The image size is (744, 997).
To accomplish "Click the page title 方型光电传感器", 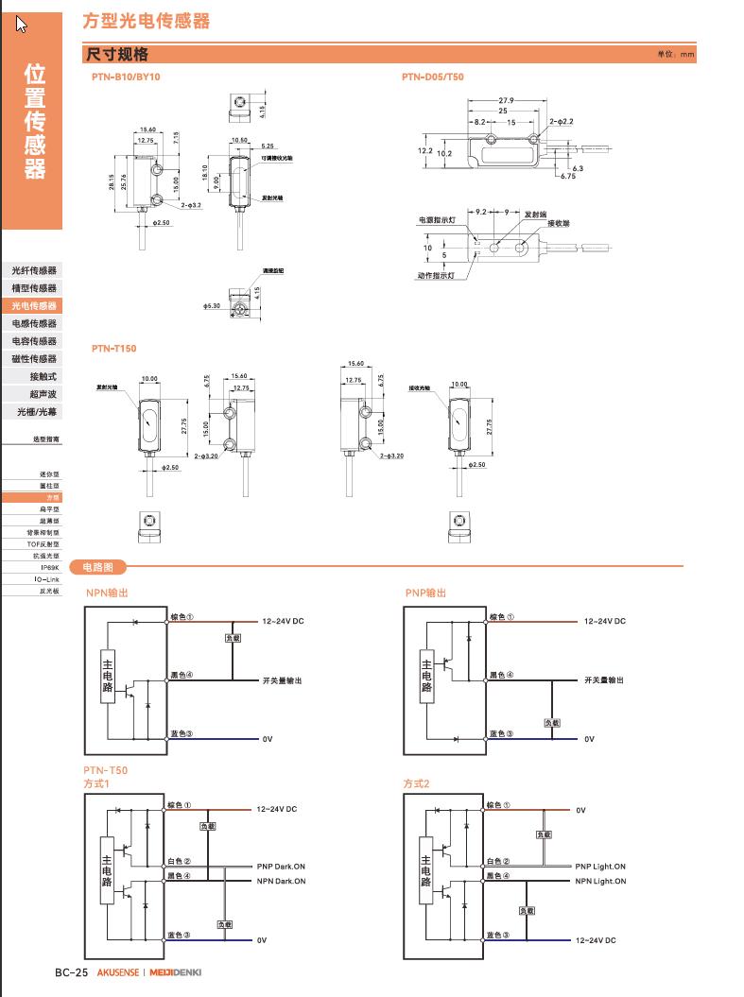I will click(146, 20).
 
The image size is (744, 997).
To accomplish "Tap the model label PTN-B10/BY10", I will click(127, 77).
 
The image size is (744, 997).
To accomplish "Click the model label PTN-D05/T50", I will click(433, 77).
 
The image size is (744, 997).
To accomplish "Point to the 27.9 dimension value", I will click(506, 100).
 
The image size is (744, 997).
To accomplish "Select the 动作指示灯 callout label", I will click(437, 276).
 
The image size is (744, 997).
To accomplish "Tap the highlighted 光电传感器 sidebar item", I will click(34, 306).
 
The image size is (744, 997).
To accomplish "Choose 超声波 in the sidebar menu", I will click(43, 394).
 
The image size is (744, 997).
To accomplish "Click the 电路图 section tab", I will click(98, 567).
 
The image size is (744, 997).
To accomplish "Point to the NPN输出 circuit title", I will click(107, 593).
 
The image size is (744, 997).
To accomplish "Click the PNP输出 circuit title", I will click(425, 593).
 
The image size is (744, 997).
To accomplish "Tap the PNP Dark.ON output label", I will click(282, 867).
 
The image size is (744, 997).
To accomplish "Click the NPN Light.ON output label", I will click(600, 881).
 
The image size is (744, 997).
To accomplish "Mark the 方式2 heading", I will click(416, 783).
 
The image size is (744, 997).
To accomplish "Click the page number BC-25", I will click(71, 972).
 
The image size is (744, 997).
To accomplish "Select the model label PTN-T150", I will click(114, 349).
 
